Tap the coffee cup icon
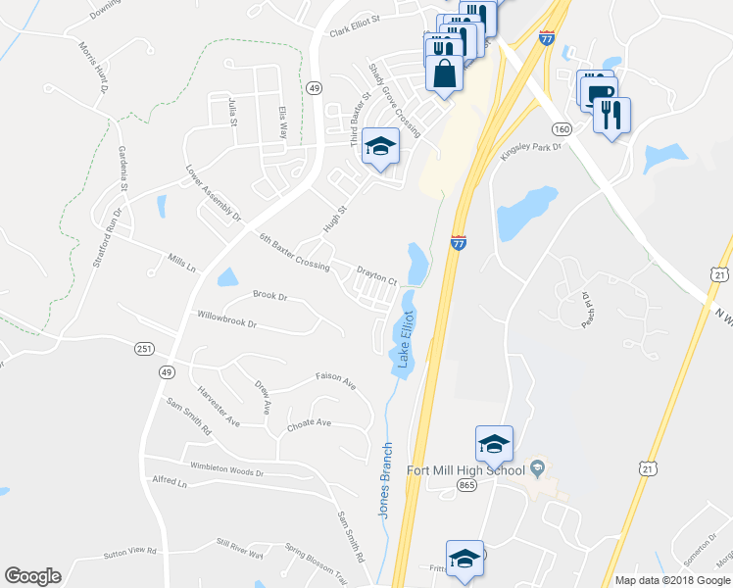[596, 88]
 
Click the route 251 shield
[144, 348]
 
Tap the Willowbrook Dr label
[225, 320]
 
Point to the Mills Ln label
[182, 263]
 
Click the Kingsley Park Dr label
[530, 152]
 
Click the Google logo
[32, 576]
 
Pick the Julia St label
[232, 114]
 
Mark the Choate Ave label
[309, 425]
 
